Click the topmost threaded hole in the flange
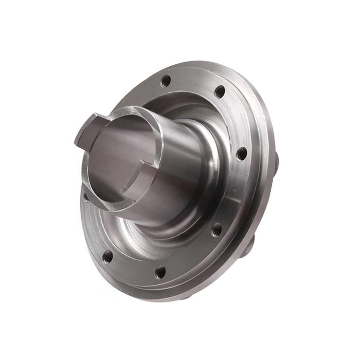point(166,81)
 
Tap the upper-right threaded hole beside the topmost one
point(219,91)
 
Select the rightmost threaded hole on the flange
point(242,154)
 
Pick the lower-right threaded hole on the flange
point(217,229)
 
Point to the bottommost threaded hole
point(160,272)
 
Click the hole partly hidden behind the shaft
point(87,197)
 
